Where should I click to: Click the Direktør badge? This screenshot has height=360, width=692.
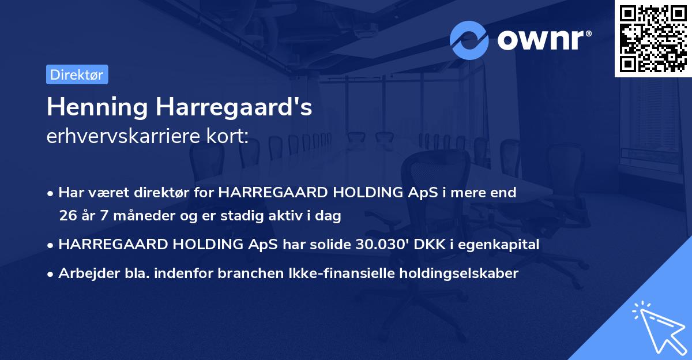pyautogui.click(x=77, y=74)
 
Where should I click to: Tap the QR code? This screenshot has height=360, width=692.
pyautogui.click(x=653, y=39)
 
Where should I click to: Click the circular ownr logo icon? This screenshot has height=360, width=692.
pyautogui.click(x=469, y=40)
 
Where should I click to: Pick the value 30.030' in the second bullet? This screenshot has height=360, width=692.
pyautogui.click(x=376, y=245)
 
